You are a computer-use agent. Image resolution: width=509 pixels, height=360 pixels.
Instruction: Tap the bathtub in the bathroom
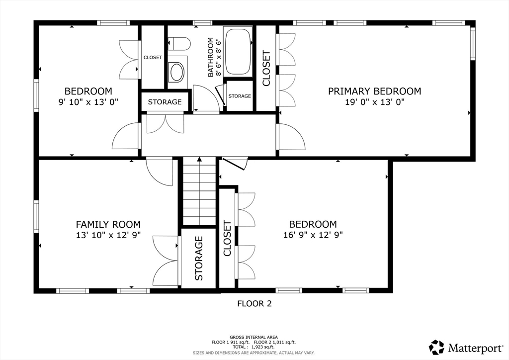[x=239, y=52]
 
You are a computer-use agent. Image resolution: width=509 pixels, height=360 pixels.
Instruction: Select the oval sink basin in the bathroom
[x=177, y=72]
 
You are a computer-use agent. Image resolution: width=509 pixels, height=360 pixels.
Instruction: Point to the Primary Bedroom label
[x=375, y=91]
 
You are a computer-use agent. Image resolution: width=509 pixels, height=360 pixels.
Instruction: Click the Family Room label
[x=108, y=224]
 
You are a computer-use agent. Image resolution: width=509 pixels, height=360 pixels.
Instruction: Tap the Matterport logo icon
[x=436, y=348]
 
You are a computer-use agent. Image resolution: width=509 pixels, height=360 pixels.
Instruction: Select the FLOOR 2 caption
[x=254, y=303]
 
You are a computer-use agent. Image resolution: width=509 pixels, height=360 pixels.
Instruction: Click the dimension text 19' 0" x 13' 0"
[x=375, y=102]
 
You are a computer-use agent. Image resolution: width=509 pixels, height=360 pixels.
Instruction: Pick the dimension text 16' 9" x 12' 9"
[x=313, y=235]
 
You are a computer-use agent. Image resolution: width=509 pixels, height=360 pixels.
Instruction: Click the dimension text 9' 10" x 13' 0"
[x=88, y=102]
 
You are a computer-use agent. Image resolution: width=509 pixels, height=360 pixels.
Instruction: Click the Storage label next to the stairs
[x=199, y=259]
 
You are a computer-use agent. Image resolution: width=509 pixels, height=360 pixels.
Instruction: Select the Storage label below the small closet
[x=165, y=102]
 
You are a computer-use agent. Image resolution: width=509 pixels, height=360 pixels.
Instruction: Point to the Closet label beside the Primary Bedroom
[x=266, y=68]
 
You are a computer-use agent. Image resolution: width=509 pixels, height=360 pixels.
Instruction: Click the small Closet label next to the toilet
[x=153, y=58]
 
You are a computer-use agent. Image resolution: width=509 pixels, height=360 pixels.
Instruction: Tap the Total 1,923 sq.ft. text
[x=254, y=347]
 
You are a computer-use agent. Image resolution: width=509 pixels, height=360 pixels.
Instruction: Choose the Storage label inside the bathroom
[x=240, y=96]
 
